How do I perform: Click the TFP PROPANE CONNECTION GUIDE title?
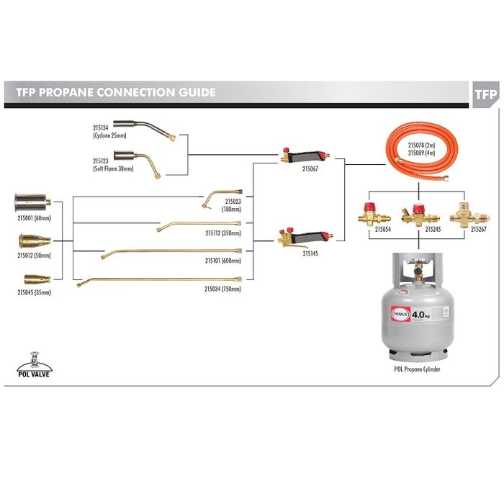pos(116,93)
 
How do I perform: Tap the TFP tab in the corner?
pos(486,94)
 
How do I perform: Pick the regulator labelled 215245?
pos(415,215)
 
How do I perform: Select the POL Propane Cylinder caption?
pos(417,369)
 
